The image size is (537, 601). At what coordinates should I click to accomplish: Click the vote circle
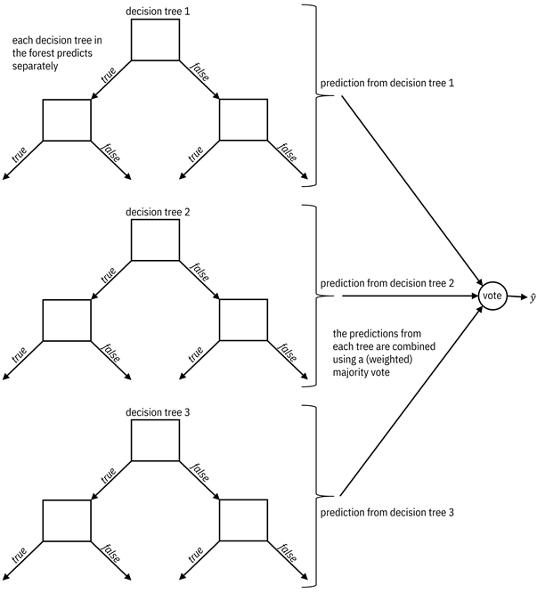coord(493,296)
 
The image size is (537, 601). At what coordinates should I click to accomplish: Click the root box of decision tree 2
coord(156,240)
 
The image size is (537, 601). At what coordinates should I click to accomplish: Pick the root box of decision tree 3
coord(156,440)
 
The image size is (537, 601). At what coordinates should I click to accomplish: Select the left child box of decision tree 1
coord(67,120)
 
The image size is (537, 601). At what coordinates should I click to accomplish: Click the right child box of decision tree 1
coord(243,120)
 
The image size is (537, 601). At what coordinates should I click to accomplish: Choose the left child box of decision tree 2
coord(67,321)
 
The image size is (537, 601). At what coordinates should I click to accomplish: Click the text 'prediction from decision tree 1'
coord(386,84)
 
